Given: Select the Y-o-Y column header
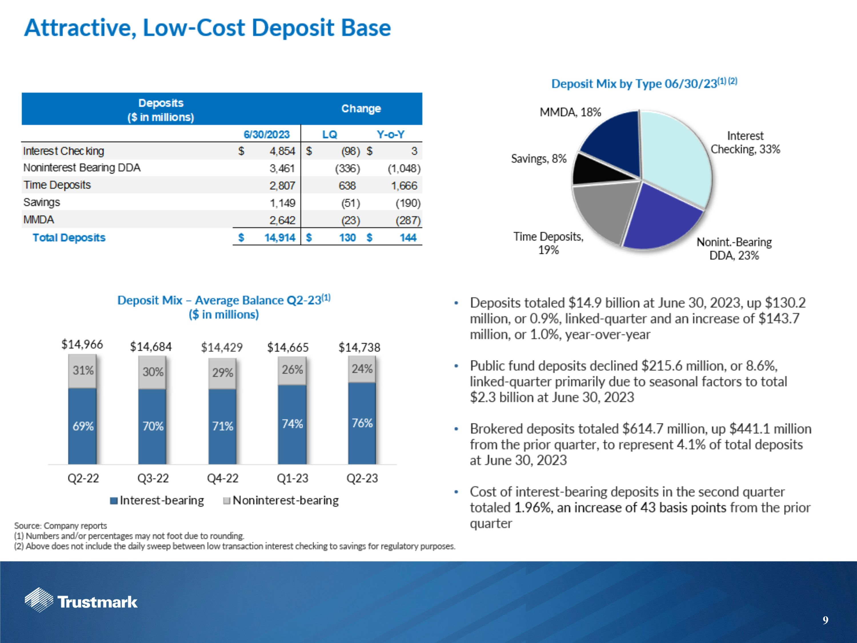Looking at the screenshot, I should tap(390, 135).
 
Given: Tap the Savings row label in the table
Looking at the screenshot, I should tap(42, 202).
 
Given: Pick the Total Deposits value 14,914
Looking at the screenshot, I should tap(279, 237).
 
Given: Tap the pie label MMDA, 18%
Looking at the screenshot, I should tap(570, 112).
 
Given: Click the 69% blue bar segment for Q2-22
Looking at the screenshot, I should tap(83, 426).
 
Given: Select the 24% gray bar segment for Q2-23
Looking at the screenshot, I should tap(362, 369).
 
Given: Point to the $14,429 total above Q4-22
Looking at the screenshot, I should tap(222, 347).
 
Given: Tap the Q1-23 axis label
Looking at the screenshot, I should tap(292, 478).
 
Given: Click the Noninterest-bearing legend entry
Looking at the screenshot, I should tap(281, 500).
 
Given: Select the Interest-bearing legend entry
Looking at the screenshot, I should tap(157, 500).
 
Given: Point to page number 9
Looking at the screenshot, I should tap(825, 620).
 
